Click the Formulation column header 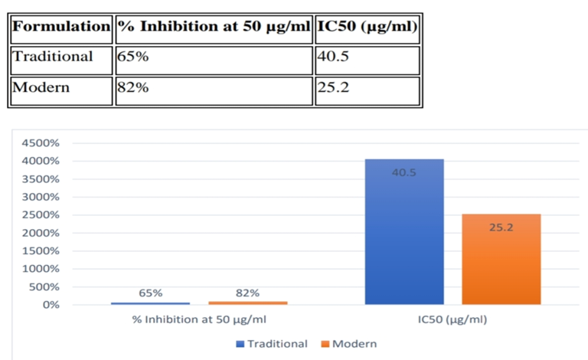62,27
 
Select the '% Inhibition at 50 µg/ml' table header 214,27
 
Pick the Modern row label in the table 42,87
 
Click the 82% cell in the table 132,87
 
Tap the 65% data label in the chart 150,293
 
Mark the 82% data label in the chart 247,293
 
